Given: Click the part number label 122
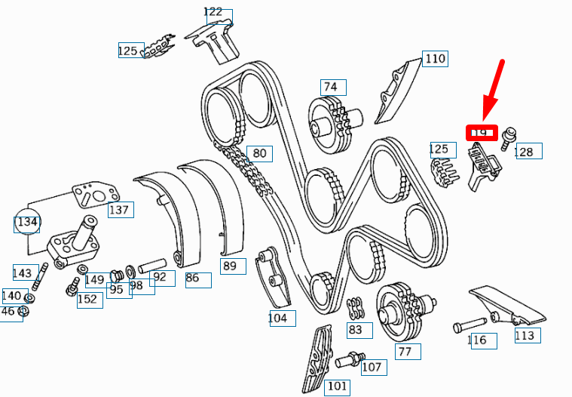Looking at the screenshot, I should (x=214, y=12).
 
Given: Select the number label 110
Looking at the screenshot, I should (x=435, y=59).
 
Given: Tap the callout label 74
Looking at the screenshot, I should (x=331, y=88).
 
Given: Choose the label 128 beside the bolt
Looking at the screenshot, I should (x=524, y=152).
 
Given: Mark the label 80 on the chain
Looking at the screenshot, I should (x=259, y=153).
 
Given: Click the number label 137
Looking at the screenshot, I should (x=119, y=210).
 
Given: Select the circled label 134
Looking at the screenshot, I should (x=27, y=222).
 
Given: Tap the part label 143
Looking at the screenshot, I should (x=23, y=272).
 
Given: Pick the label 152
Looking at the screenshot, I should (x=89, y=300).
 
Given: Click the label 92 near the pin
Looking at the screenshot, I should (x=160, y=277).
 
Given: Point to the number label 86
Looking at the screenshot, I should (x=193, y=278).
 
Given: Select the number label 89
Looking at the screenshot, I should (x=230, y=266).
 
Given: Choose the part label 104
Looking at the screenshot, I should (x=278, y=318).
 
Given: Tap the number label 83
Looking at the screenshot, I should (x=355, y=329).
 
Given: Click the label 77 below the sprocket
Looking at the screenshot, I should (x=405, y=351).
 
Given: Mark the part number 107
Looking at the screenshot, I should (x=372, y=368).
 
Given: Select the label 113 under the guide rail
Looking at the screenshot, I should (x=525, y=335).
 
